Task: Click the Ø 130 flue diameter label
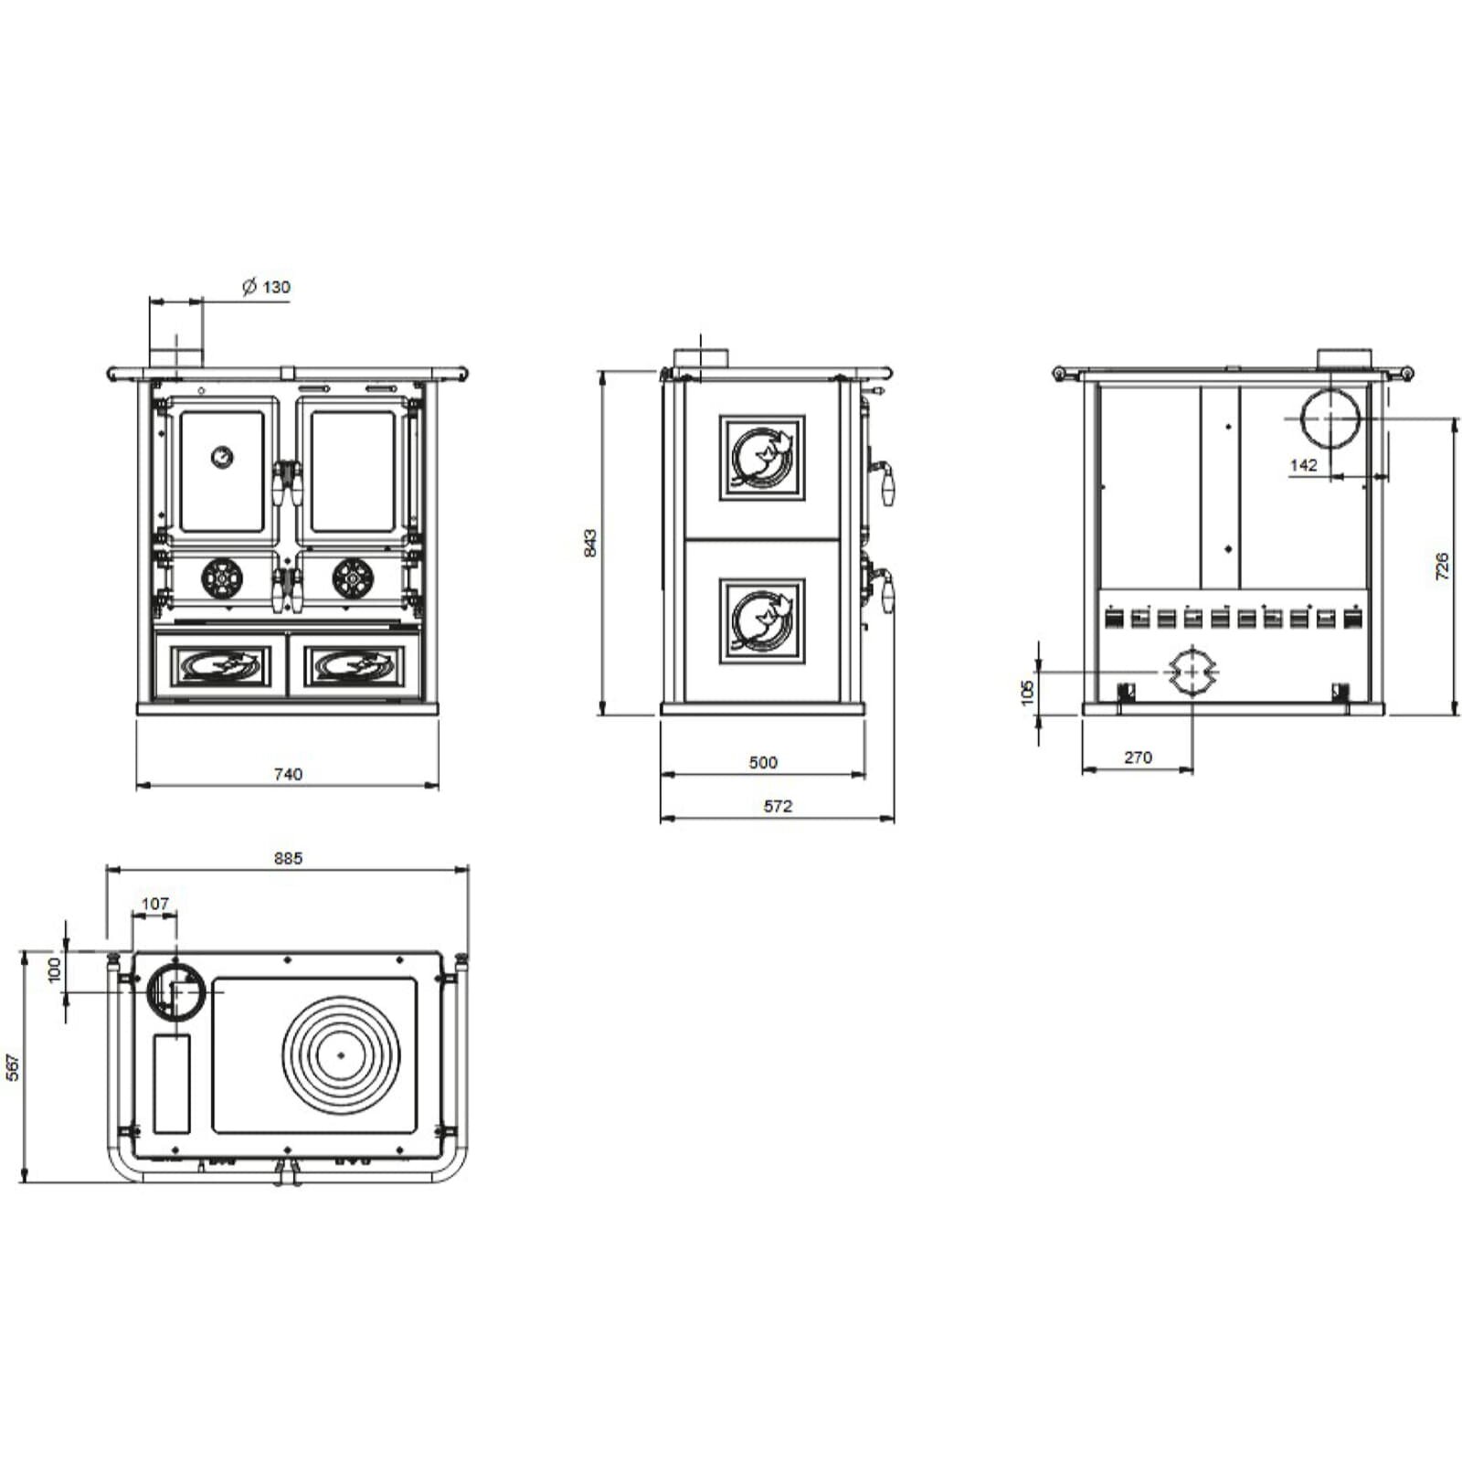[x=266, y=287]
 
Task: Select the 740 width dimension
[x=288, y=774]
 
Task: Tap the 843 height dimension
[x=590, y=543]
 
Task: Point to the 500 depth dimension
[x=763, y=762]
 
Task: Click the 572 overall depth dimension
[x=778, y=806]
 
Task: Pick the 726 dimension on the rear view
[x=1442, y=566]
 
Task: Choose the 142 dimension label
[x=1303, y=465]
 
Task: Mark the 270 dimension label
[x=1138, y=757]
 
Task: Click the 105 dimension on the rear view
[x=1028, y=691]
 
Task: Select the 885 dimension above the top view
[x=288, y=858]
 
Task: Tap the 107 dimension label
[x=155, y=904]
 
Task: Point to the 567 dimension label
[x=13, y=1067]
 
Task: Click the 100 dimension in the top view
[x=55, y=969]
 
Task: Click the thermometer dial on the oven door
[x=222, y=456]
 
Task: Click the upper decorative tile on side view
[x=762, y=458]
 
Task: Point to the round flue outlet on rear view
[x=1330, y=418]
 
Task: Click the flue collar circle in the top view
[x=174, y=990]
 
